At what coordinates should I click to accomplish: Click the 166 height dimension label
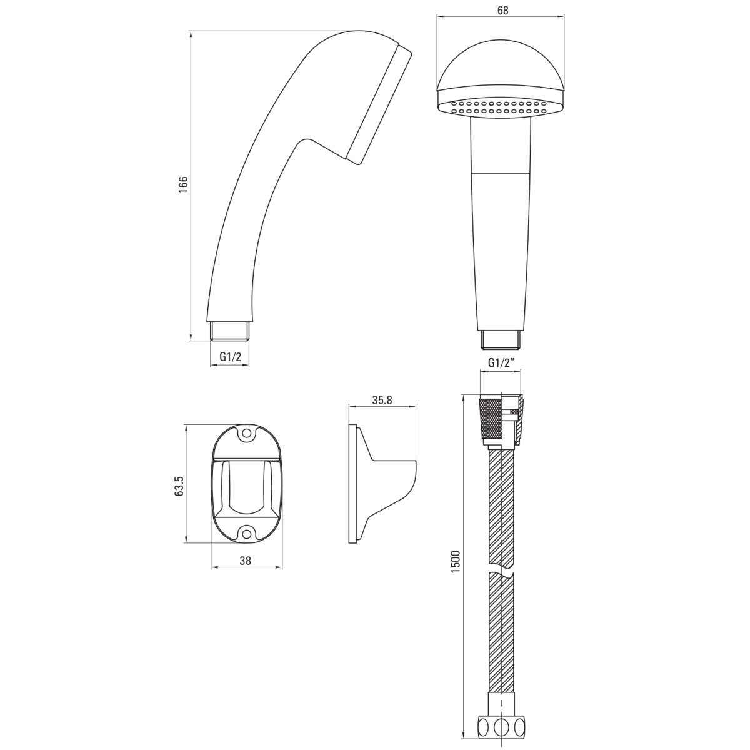click(183, 184)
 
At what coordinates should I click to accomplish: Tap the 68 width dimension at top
click(503, 11)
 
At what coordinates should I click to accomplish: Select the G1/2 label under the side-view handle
click(231, 356)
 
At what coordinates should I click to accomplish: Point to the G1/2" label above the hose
click(502, 362)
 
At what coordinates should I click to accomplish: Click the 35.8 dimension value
click(382, 400)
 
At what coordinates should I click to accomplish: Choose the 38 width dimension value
click(246, 561)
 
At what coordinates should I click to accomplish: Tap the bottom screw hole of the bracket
click(247, 533)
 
